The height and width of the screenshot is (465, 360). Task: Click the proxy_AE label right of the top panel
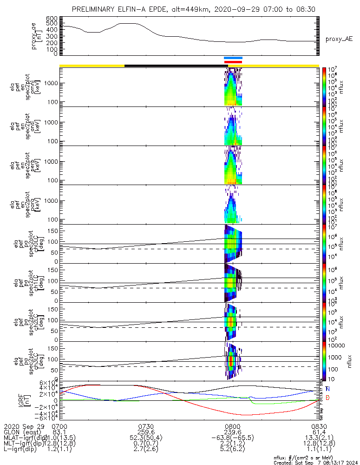point(339,39)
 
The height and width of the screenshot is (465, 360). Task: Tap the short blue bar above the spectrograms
point(233,58)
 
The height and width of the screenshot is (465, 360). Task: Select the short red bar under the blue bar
point(233,62)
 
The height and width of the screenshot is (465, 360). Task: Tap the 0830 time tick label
point(319,426)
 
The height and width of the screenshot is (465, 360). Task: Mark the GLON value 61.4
point(319,432)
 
